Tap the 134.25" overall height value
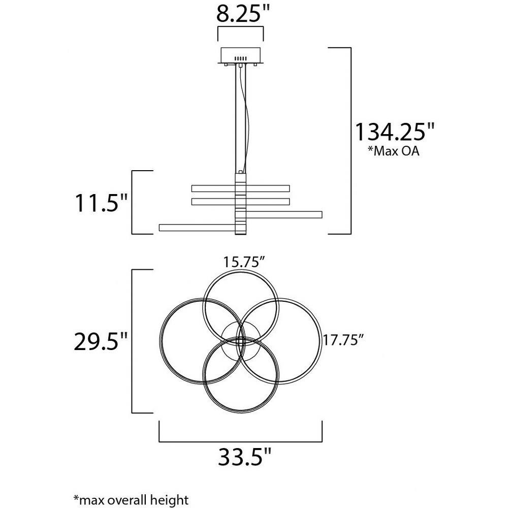(395, 132)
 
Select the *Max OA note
(393, 151)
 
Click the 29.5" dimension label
(101, 341)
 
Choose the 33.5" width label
(244, 457)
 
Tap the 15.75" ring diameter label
(245, 262)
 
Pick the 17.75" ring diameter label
(343, 340)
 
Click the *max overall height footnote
(131, 500)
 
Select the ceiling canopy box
(240, 56)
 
